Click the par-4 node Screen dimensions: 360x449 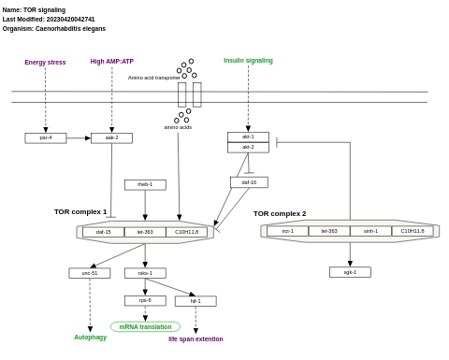45,137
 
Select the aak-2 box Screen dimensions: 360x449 111,137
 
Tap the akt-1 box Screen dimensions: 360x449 248,137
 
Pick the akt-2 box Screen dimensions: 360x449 248,147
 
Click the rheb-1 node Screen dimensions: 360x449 145,184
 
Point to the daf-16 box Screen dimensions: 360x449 249,182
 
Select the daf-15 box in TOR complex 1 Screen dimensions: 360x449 103,232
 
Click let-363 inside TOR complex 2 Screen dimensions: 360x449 329,231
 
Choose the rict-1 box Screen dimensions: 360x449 287,231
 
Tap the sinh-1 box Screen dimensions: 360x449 370,231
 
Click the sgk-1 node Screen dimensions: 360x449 350,272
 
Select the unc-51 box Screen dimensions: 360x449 89,273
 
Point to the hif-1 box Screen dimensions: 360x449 196,301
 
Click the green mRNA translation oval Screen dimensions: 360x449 145,326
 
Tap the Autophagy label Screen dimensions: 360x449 91,338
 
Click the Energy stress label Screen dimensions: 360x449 45,63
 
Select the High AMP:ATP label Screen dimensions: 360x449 111,62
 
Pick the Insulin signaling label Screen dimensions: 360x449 248,61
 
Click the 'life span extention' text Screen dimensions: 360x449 196,339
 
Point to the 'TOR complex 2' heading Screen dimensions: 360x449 280,213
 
